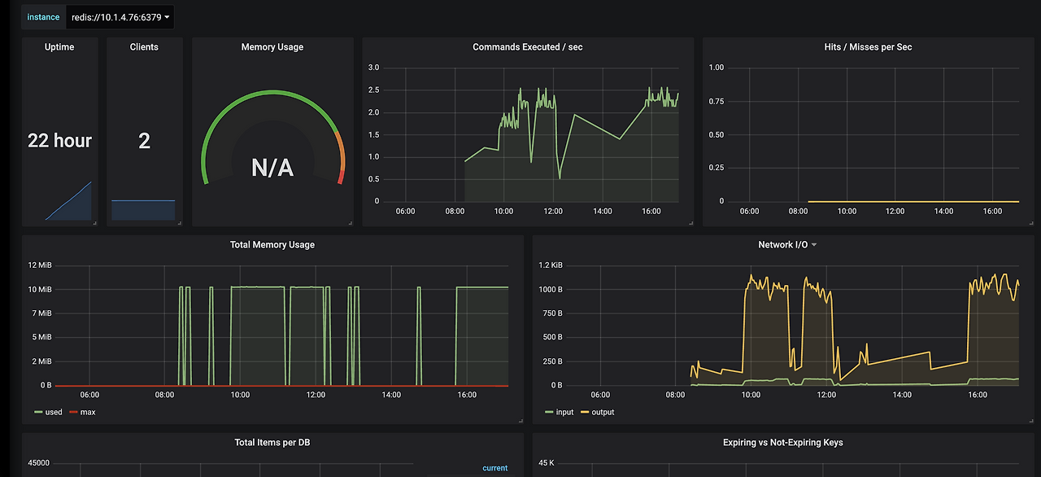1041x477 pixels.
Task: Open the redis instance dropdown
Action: (120, 17)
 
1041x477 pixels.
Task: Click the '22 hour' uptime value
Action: (59, 140)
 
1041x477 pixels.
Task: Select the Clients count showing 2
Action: (144, 140)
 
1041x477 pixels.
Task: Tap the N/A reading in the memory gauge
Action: (272, 168)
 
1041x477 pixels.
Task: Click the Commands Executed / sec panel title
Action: (528, 47)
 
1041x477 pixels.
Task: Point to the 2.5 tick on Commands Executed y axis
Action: (373, 90)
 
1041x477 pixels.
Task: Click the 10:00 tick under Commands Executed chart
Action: (503, 211)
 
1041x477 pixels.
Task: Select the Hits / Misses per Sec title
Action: (868, 47)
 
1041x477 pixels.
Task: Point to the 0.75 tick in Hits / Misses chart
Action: (717, 102)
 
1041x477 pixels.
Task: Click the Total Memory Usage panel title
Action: (272, 244)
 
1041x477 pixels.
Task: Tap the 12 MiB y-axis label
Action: (40, 265)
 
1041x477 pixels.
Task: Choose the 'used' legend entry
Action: (48, 412)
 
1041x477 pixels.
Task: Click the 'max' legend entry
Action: (83, 412)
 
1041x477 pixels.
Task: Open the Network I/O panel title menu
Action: (787, 244)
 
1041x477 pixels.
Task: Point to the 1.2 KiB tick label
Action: (551, 265)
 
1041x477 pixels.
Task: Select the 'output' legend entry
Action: (598, 412)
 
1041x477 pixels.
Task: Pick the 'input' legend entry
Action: (560, 412)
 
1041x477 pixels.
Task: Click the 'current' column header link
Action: (495, 468)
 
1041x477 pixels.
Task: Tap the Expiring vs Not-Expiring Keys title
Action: (783, 442)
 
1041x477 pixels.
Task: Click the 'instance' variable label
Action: (43, 17)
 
